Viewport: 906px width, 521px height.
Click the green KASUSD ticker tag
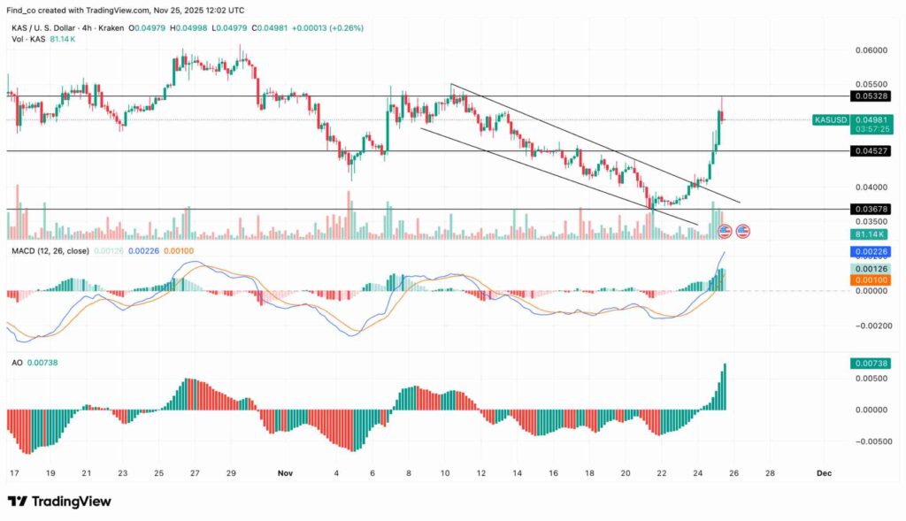(829, 119)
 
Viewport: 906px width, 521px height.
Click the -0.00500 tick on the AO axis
(867, 441)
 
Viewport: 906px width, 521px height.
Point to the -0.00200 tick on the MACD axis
(867, 326)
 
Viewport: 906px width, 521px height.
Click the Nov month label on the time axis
(283, 473)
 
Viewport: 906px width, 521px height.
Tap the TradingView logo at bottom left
(59, 502)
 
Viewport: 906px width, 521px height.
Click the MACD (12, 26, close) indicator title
(50, 251)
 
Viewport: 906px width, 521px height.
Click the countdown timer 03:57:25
(869, 129)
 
